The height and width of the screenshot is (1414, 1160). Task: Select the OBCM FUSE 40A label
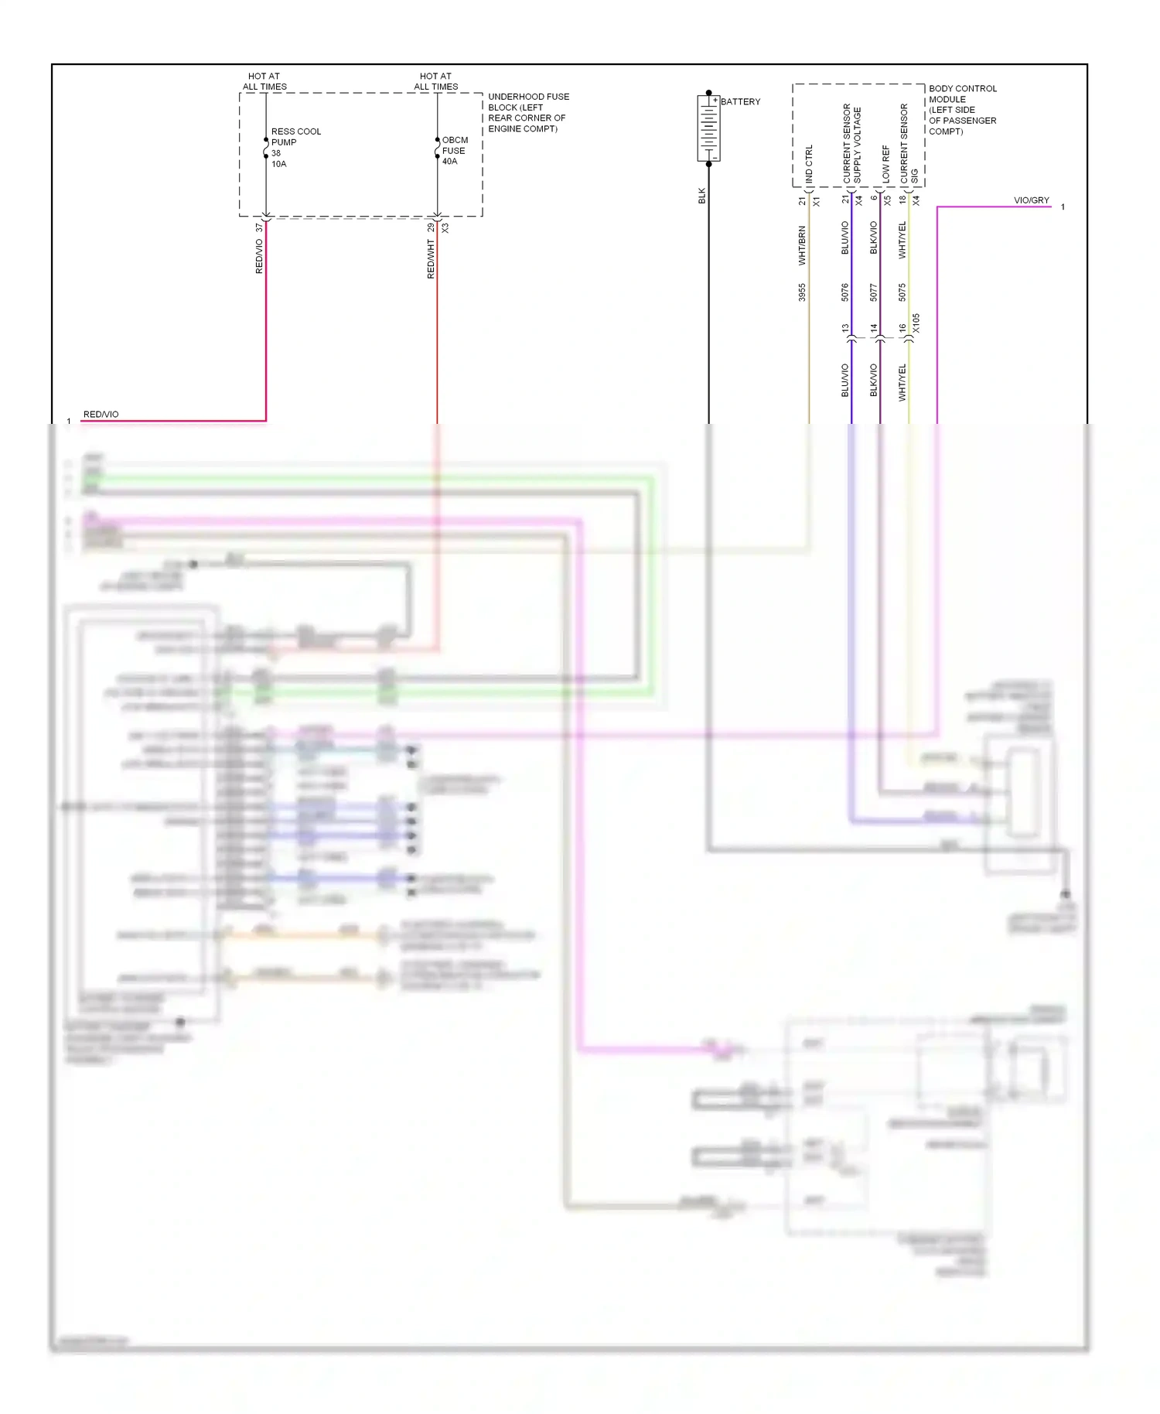click(x=454, y=151)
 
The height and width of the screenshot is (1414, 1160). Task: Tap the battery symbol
click(x=708, y=128)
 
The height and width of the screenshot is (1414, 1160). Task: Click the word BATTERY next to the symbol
click(x=740, y=101)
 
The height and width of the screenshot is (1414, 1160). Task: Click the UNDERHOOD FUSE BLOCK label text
click(x=528, y=113)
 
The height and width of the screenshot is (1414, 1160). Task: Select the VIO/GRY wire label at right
click(x=1031, y=200)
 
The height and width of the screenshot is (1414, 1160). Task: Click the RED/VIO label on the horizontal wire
click(x=101, y=415)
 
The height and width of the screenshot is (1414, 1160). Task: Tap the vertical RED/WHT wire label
click(x=431, y=258)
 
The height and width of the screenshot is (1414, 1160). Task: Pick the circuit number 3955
click(x=802, y=292)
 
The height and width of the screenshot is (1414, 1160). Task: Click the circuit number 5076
click(x=844, y=292)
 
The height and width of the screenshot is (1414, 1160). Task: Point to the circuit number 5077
click(x=873, y=292)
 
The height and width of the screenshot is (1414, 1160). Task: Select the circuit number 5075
click(x=902, y=292)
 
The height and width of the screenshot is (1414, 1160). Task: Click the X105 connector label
click(x=916, y=323)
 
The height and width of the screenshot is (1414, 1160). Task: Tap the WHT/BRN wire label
click(x=802, y=245)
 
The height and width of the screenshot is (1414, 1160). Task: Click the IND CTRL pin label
click(x=809, y=164)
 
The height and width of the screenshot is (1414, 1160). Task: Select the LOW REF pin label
click(x=886, y=164)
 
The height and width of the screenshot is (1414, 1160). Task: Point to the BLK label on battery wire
click(x=702, y=196)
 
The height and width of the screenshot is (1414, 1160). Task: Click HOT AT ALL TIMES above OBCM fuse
click(x=435, y=81)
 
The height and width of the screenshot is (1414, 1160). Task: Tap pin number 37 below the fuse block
click(x=259, y=228)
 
